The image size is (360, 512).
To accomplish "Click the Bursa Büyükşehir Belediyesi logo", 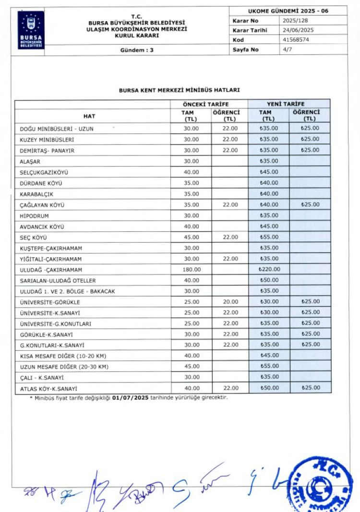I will click(31, 30).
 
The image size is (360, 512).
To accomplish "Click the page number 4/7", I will click(287, 49).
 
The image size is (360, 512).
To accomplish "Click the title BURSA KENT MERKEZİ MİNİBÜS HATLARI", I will click(180, 90).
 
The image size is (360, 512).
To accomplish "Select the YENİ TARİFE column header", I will click(289, 104).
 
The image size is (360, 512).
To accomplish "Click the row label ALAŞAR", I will click(30, 161).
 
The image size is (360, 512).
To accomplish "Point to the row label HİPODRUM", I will click(35, 216).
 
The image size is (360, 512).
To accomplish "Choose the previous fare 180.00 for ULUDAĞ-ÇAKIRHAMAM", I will click(192, 270).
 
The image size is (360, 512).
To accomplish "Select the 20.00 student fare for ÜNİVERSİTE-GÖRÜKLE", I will click(230, 302).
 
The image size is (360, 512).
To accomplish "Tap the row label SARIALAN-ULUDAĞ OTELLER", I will click(58, 280).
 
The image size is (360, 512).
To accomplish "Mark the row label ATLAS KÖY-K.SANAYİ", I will click(49, 389).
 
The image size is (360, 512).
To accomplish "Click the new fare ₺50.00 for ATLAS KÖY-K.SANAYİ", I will click(269, 388).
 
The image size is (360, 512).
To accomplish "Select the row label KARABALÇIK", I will click(36, 194).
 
